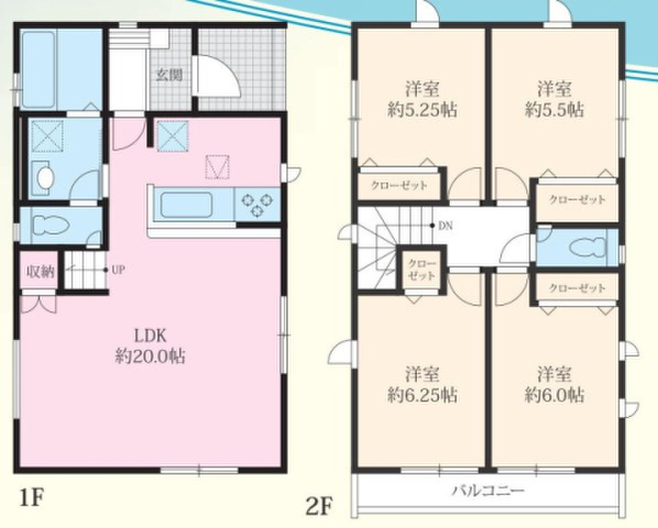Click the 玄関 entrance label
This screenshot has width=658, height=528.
coord(169,75)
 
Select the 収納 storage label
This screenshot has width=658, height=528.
coord(40,272)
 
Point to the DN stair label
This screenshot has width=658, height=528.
coord(446,226)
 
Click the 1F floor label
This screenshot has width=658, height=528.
coord(32,499)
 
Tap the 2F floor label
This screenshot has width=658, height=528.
coord(319,507)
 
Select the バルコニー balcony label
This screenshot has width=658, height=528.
coord(487,490)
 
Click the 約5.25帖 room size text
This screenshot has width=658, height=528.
coord(422,110)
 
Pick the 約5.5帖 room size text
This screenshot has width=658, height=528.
coord(554,110)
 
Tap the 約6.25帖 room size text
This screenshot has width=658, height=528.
coord(422,395)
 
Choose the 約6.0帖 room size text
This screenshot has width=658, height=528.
coord(554,395)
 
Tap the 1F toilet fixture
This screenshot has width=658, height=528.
coord(50,224)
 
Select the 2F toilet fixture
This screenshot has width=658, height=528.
coord(589,248)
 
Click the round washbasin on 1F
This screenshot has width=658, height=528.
coord(45,178)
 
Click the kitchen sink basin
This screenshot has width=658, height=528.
coord(186,205)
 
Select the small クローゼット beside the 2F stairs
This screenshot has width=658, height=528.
coord(422,270)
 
